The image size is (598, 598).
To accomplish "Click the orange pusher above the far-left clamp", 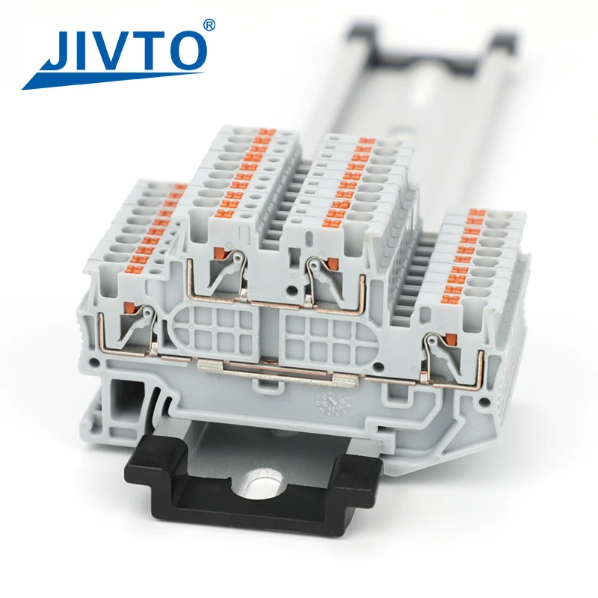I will click(x=129, y=306).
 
